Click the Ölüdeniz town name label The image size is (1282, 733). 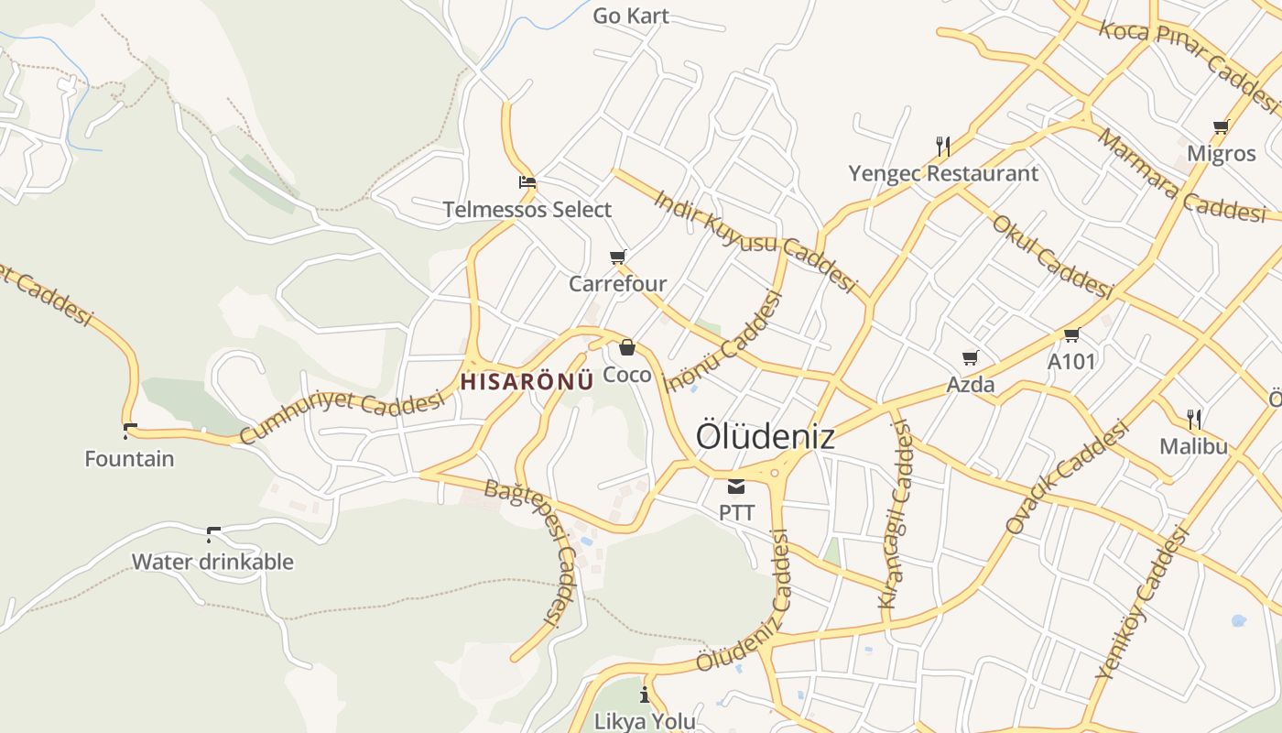click(x=765, y=436)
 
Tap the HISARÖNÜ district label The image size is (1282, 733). click(x=527, y=381)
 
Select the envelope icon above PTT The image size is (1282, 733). click(x=736, y=487)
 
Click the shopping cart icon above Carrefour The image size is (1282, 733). click(x=618, y=257)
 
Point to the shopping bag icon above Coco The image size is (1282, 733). click(x=627, y=347)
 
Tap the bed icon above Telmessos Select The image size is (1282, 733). click(x=527, y=182)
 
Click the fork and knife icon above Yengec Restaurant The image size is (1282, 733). click(x=943, y=146)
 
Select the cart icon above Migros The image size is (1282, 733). click(x=1221, y=126)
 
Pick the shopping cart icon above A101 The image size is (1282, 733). click(x=1071, y=334)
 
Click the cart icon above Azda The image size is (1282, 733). click(x=971, y=357)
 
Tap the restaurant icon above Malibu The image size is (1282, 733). click(x=1194, y=420)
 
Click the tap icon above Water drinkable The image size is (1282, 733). click(x=213, y=534)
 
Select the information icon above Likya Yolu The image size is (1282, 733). click(x=645, y=694)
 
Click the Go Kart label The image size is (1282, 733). click(x=631, y=16)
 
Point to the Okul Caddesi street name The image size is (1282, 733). click(x=1052, y=257)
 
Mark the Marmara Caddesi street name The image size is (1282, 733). click(x=1181, y=177)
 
